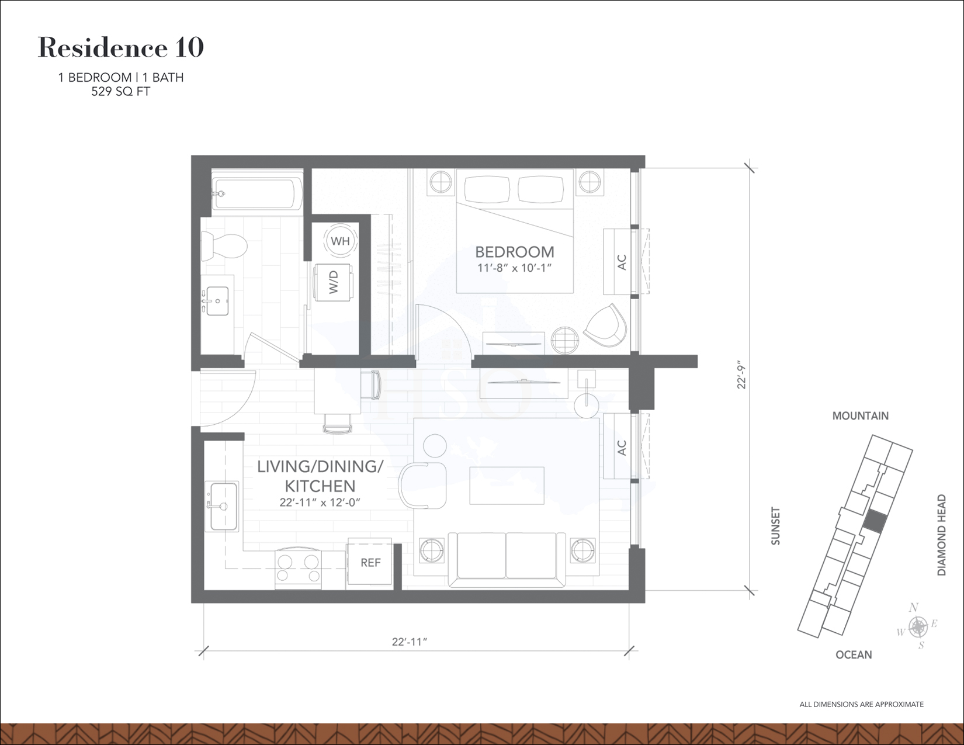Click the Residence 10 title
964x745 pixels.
(121, 48)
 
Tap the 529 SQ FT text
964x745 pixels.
(120, 92)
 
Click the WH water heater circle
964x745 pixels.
(340, 241)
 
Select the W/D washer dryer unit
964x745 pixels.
(334, 282)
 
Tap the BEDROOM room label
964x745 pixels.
(514, 252)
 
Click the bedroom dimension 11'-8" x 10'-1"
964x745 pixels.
(514, 268)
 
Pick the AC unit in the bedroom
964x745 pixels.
(620, 262)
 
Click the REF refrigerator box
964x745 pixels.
(370, 563)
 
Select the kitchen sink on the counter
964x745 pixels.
(223, 506)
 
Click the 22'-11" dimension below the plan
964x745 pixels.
(410, 642)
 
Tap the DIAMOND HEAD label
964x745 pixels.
(941, 535)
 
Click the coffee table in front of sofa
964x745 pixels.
(507, 486)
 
